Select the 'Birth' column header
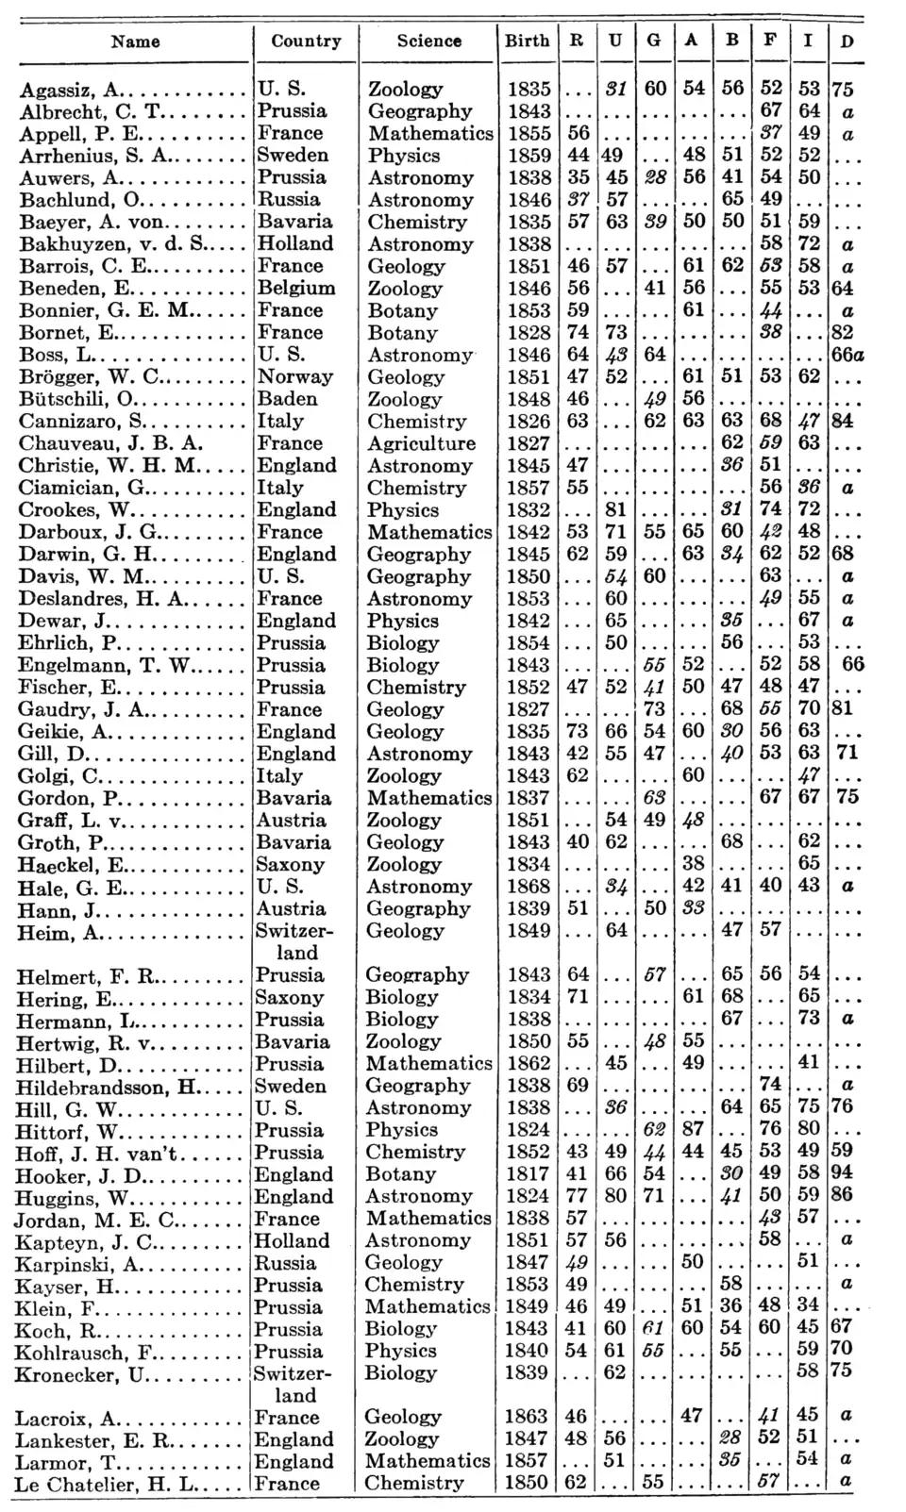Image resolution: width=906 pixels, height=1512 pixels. coord(527,41)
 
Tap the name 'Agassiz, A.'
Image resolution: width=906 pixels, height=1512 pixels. coord(72,90)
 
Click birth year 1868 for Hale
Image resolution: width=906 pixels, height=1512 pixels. coord(528,887)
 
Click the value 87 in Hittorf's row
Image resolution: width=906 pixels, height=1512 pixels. coord(693,1129)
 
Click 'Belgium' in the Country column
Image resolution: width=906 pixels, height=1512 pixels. coord(296,288)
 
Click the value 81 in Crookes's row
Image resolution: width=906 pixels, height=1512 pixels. coord(615,509)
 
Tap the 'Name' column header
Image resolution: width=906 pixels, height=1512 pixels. coord(135,42)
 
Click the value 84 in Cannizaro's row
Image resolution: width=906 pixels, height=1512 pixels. coord(843,421)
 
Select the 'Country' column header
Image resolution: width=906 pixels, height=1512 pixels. coord(306,41)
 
